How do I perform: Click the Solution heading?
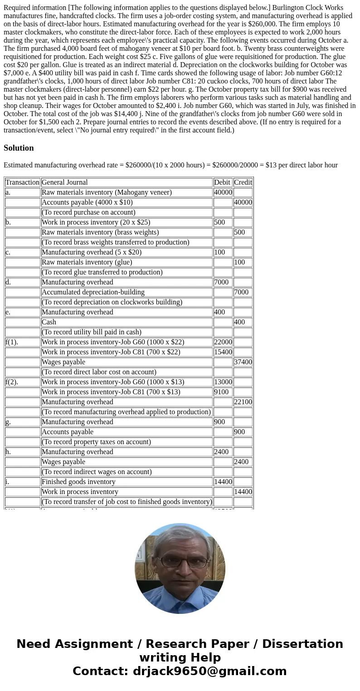point(19,148)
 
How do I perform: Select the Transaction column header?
point(22,182)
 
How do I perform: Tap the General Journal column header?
point(64,182)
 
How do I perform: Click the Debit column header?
point(222,182)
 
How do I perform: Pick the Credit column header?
point(243,182)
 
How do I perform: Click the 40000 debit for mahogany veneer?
point(223,192)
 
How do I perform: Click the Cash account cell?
point(49,322)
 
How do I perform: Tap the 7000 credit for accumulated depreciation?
point(241,292)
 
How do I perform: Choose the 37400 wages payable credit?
point(243,362)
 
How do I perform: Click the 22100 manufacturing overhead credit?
point(243,402)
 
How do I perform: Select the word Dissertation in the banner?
point(302,644)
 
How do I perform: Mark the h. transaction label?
point(8,452)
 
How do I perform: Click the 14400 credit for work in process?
point(243,492)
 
